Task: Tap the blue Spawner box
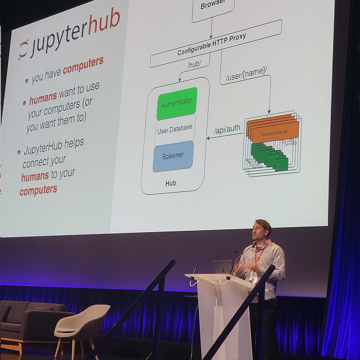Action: point(173,156)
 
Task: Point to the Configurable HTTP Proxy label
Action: point(212,44)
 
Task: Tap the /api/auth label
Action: point(227,129)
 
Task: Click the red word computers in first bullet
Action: point(83,64)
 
